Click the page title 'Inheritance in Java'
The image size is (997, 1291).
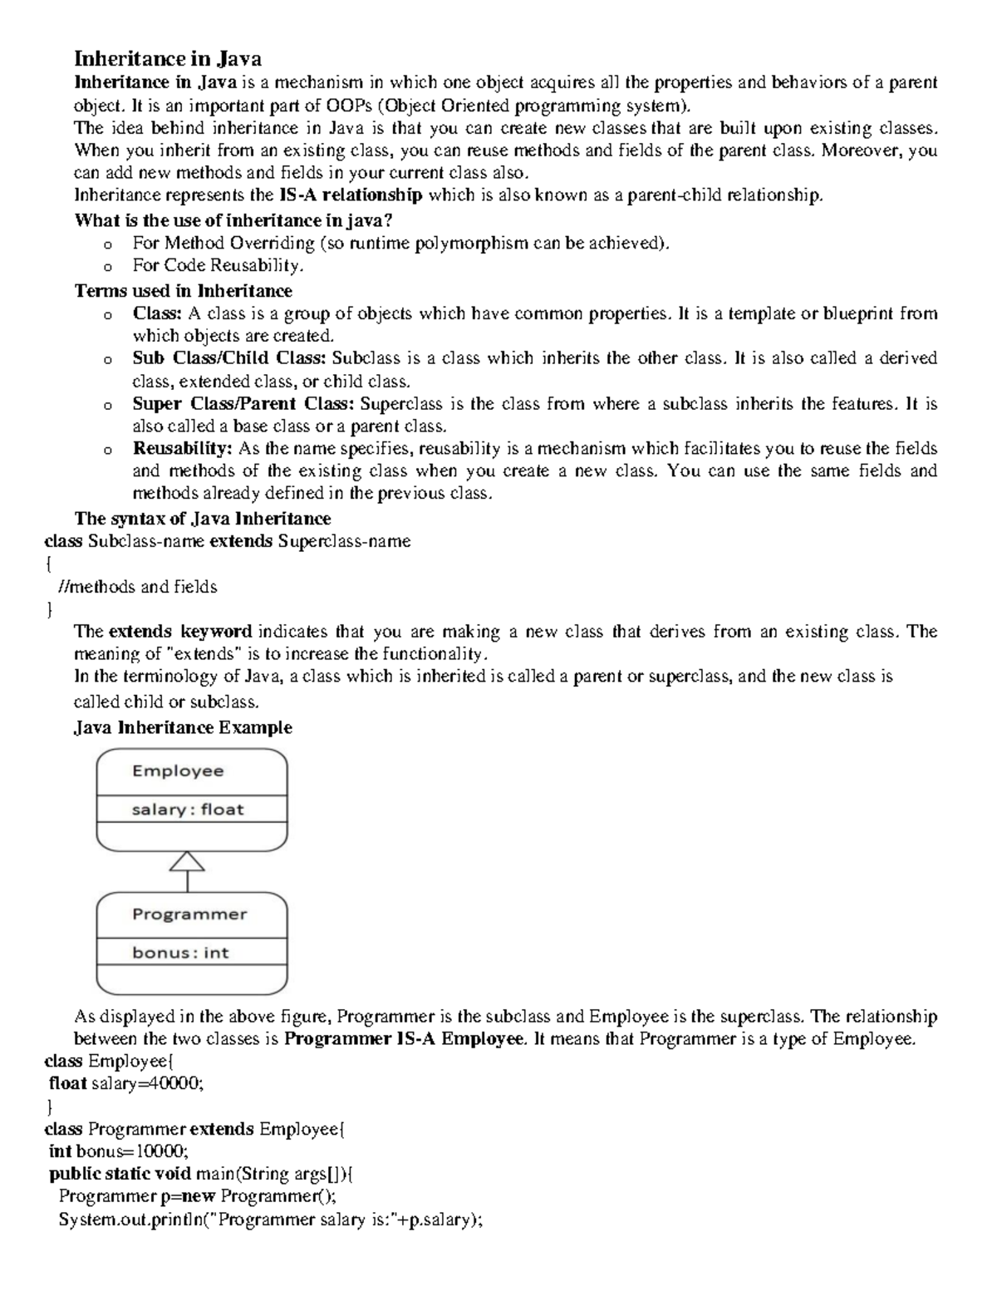pos(168,59)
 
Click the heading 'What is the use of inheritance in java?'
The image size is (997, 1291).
pos(233,220)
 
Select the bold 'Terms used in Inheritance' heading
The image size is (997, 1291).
pos(183,291)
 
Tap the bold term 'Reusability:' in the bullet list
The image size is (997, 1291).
pos(182,449)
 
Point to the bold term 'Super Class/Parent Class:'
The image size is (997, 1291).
pos(243,404)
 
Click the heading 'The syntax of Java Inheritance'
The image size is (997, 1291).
pos(203,519)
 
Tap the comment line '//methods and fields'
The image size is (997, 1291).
pos(138,587)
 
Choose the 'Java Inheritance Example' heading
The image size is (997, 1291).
pos(183,727)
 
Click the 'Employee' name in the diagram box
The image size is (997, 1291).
pos(178,771)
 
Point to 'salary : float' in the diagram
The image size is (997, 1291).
pos(188,809)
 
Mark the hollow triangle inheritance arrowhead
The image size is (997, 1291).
pos(188,861)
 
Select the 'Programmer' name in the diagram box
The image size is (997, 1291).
pos(189,914)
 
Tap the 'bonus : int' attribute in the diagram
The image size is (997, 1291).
pos(180,953)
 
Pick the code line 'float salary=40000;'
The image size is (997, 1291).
pos(125,1084)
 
